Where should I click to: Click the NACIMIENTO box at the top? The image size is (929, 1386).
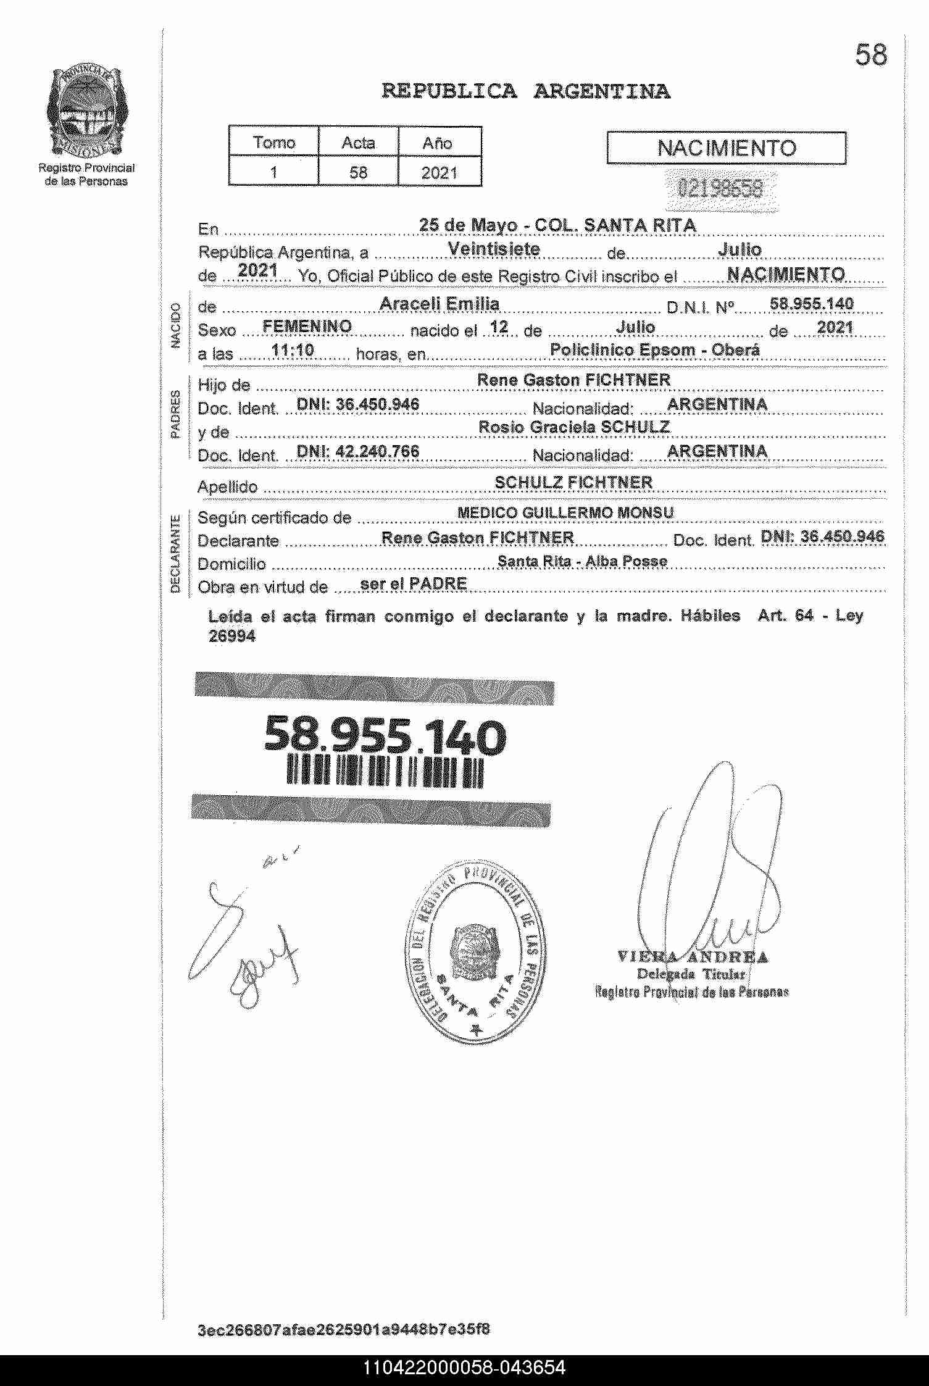tap(726, 148)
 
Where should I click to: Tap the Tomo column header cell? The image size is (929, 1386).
tap(274, 143)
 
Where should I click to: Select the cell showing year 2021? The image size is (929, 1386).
tap(439, 172)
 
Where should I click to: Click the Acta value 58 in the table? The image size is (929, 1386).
tap(358, 172)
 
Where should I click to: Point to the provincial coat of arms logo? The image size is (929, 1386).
tap(87, 112)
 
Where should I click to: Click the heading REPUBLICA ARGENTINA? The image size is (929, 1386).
tap(526, 91)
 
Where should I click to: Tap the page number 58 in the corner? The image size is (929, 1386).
tap(871, 56)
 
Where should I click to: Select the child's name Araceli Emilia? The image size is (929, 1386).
tap(439, 304)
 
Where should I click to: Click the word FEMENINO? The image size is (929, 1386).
tap(307, 327)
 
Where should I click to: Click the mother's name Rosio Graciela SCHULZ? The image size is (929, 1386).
tap(574, 427)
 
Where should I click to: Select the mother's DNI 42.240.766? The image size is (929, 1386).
tap(358, 451)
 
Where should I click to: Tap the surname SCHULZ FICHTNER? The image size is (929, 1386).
tap(573, 482)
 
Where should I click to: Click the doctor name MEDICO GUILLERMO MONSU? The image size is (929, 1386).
tap(565, 512)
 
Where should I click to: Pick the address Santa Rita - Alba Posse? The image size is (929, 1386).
tap(582, 561)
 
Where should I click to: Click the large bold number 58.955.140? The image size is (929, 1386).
tap(385, 737)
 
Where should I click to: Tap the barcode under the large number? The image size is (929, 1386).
tap(385, 772)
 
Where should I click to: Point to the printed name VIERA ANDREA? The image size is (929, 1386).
tap(693, 958)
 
